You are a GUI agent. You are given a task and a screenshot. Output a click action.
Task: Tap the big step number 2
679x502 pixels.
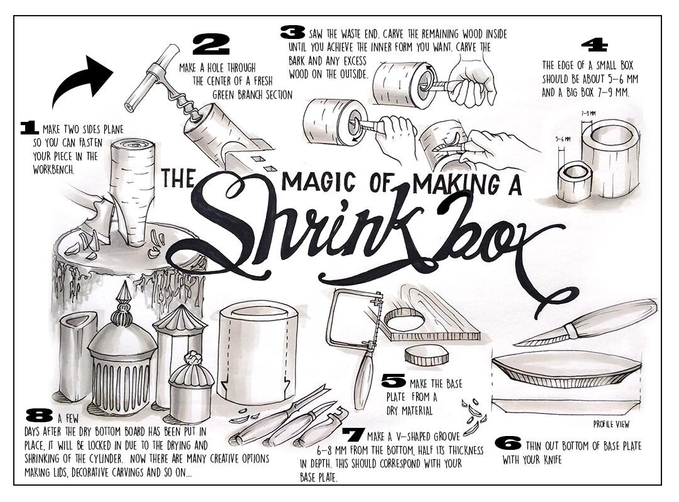[x=211, y=44]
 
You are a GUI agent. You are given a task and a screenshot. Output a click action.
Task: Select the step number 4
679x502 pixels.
[x=594, y=45]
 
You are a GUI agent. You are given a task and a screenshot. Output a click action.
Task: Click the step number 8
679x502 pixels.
[x=40, y=415]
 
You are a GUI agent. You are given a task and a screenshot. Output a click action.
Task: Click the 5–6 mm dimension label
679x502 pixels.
[x=563, y=139]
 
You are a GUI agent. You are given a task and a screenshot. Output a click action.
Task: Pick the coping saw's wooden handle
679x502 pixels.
[x=362, y=385]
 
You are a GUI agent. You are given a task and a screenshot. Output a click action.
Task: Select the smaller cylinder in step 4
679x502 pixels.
[x=575, y=181]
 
